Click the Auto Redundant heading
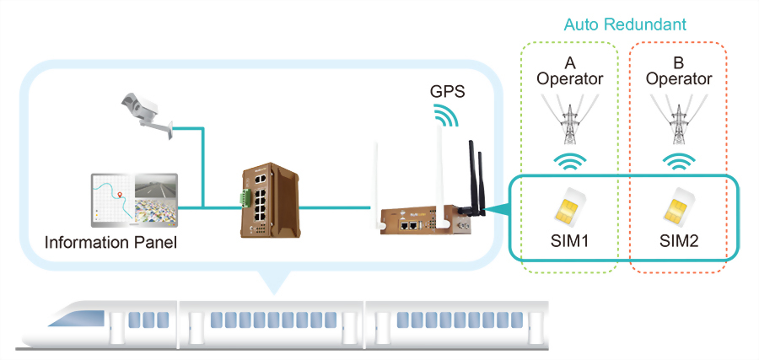pos(625,24)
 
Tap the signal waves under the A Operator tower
pos(569,161)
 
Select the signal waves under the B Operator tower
pos(678,161)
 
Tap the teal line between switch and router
pos(335,205)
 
